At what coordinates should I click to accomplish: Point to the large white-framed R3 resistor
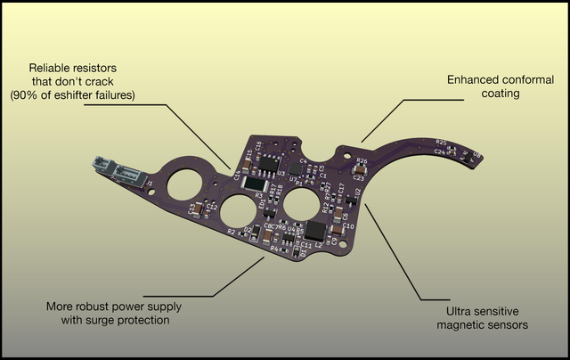pyautogui.click(x=254, y=183)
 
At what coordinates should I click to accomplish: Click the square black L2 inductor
pyautogui.click(x=315, y=231)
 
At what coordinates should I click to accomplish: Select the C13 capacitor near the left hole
pyautogui.click(x=198, y=209)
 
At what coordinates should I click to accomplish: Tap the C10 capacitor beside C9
pyautogui.click(x=336, y=229)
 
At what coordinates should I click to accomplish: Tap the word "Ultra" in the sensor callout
pyautogui.click(x=460, y=312)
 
